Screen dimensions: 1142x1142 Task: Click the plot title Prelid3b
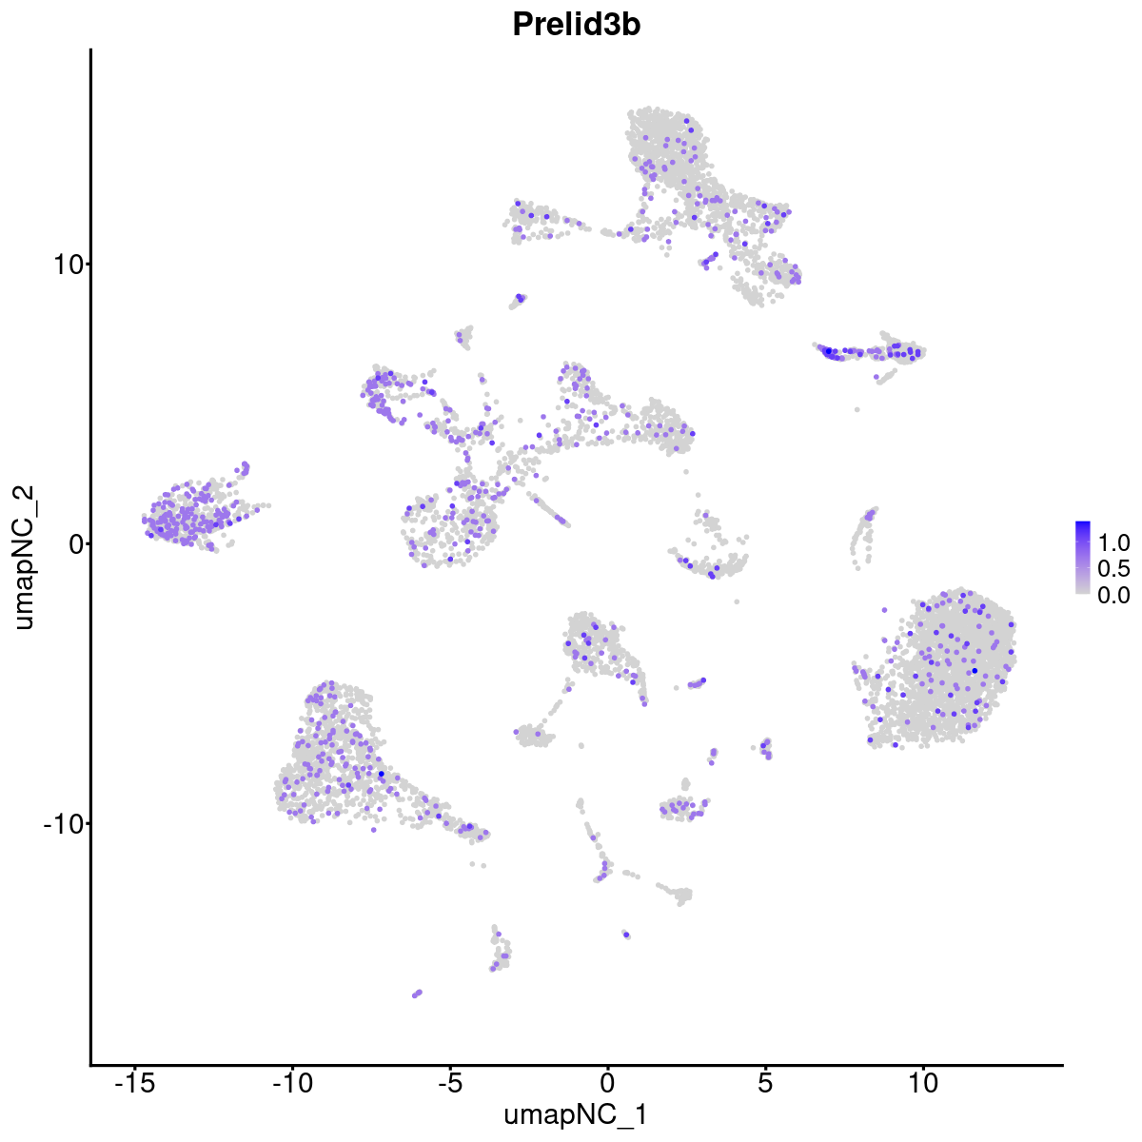coord(576,26)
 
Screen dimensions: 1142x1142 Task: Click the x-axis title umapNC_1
coord(576,1113)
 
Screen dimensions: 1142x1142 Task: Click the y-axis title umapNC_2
coord(25,557)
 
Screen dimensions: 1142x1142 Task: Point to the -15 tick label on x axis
coord(134,1082)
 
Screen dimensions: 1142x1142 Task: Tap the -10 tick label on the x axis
coord(292,1082)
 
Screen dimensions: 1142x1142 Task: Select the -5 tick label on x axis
coord(449,1082)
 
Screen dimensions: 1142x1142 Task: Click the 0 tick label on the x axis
coord(607,1082)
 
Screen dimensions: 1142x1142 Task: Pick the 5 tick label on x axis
coord(765,1082)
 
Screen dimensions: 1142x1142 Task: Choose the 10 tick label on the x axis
coord(922,1082)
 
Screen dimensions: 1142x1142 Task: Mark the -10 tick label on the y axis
coord(61,823)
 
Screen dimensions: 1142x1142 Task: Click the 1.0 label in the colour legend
coord(1113,543)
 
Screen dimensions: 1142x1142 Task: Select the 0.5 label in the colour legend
coord(1113,569)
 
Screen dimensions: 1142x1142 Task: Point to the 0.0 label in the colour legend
coord(1113,595)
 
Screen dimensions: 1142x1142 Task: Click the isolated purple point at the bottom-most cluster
coord(417,994)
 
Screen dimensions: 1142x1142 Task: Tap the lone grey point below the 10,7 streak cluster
coord(856,409)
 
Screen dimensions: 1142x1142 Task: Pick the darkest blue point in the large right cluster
coord(975,671)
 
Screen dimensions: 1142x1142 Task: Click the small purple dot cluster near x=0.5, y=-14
coord(625,935)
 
